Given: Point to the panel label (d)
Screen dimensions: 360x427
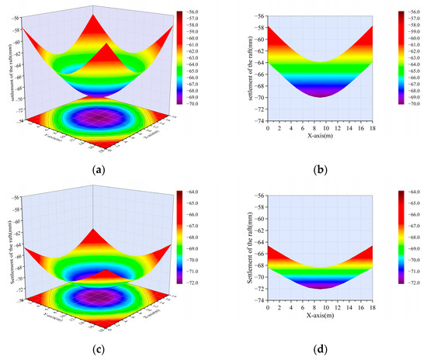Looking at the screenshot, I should pos(320,347).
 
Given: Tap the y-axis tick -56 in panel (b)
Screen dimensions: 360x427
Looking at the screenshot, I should pos(260,16).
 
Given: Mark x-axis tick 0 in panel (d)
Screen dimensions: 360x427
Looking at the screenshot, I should pos(268,308).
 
